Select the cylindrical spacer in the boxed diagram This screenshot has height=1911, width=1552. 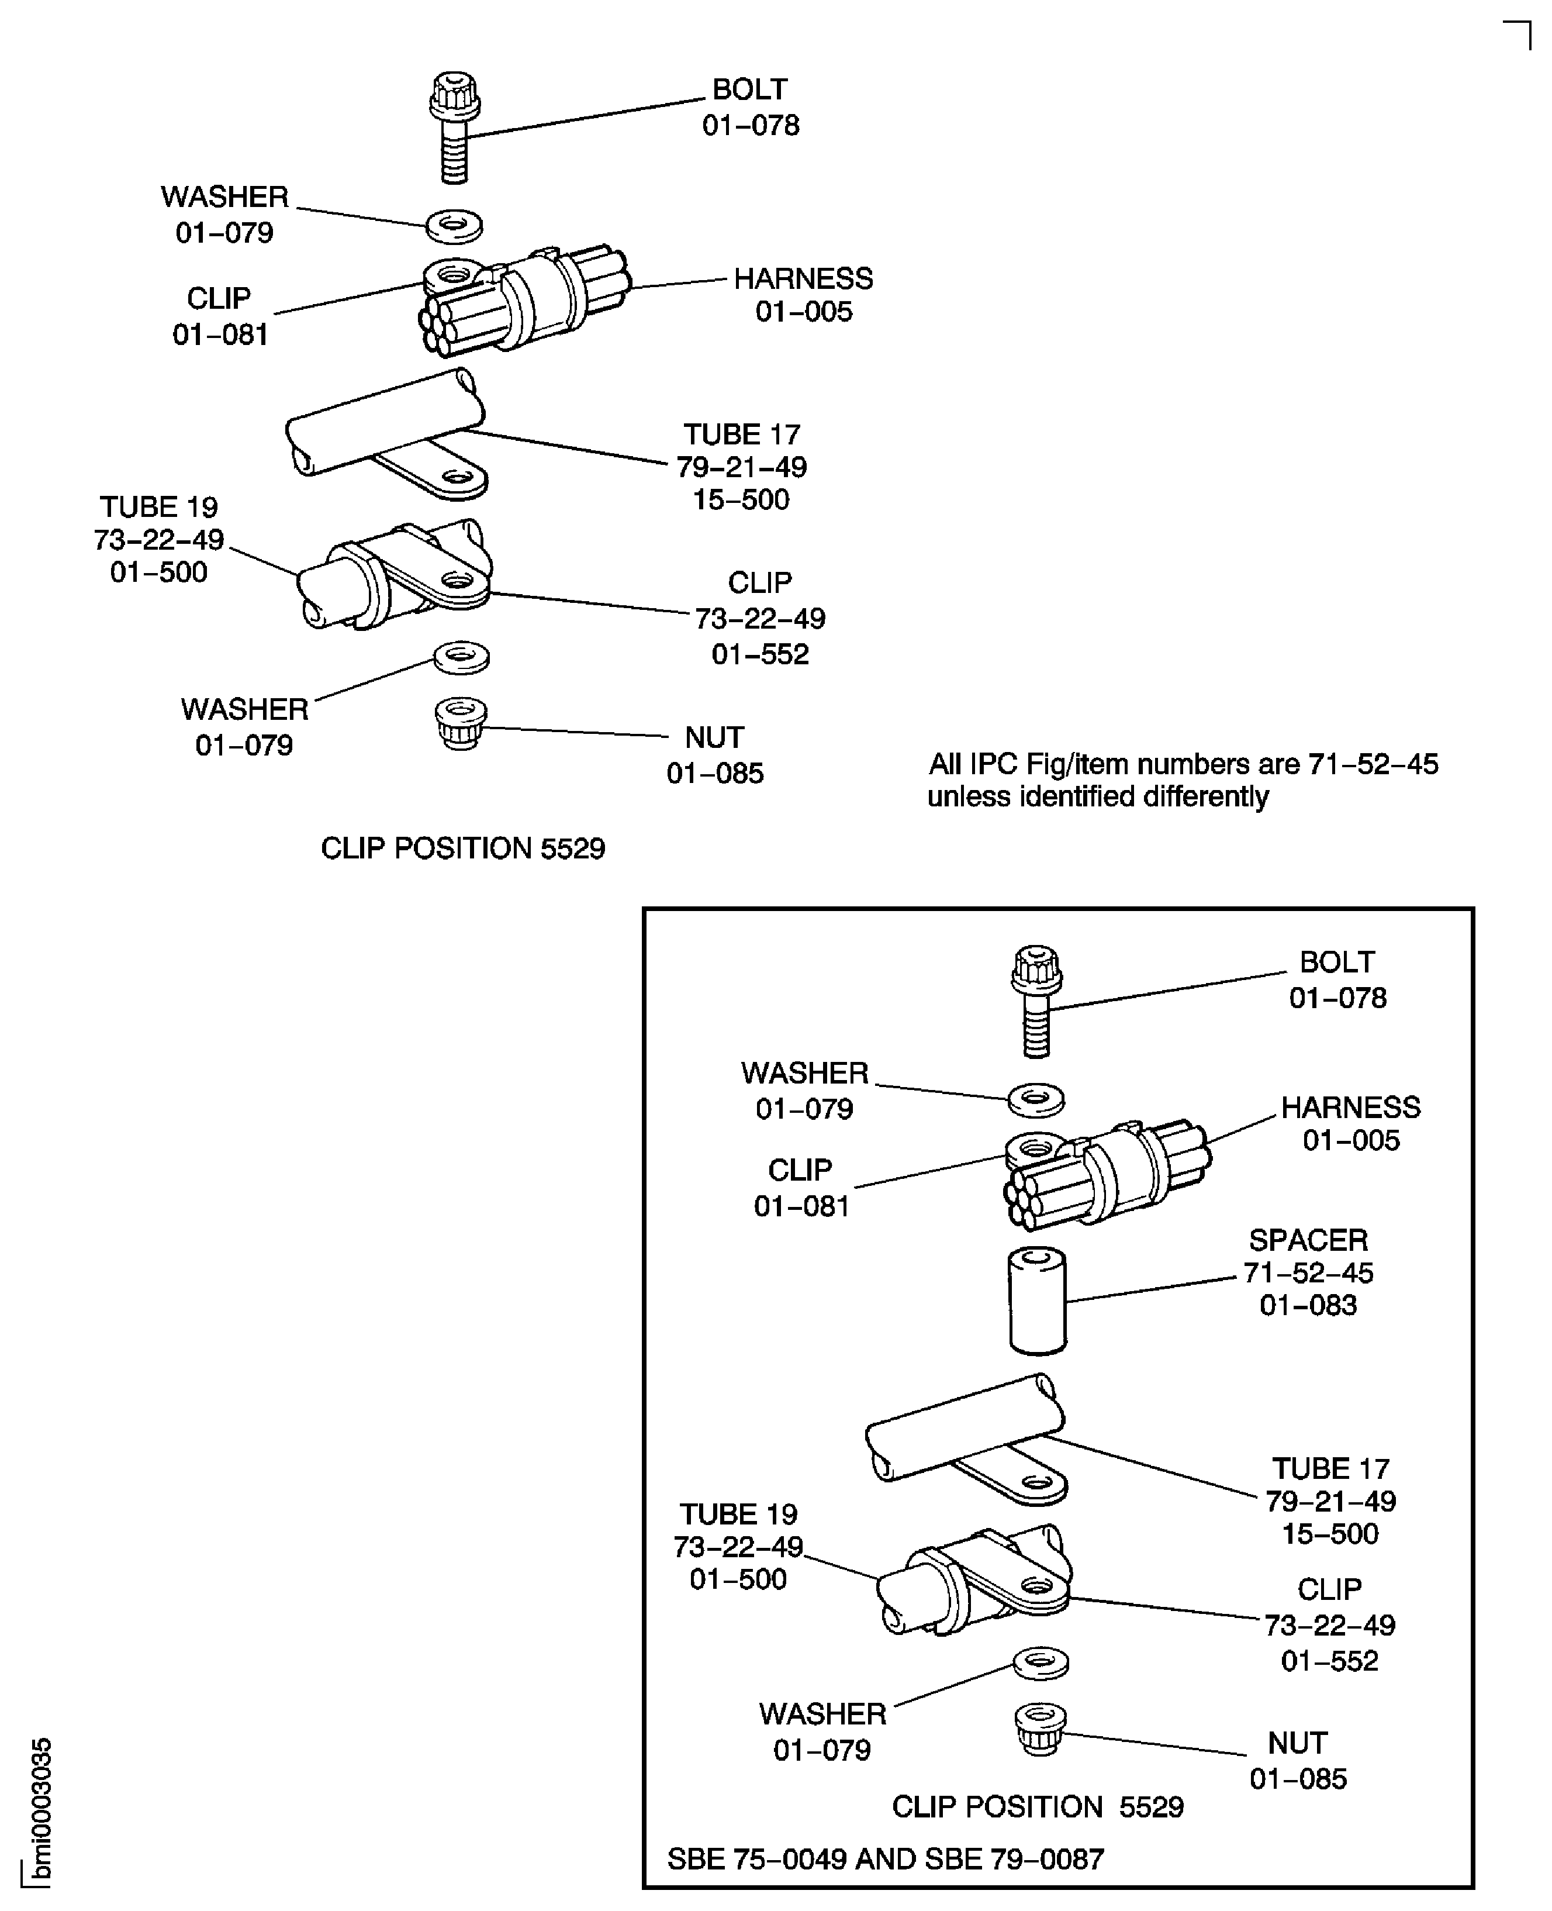click(x=1037, y=1301)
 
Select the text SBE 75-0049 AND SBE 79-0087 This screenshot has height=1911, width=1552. click(x=885, y=1858)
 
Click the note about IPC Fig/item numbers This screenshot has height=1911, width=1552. click(x=1182, y=780)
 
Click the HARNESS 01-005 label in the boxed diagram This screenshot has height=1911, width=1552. click(x=1350, y=1123)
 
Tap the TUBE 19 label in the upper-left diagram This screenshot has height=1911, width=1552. click(x=159, y=539)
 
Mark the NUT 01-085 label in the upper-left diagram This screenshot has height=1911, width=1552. click(x=715, y=755)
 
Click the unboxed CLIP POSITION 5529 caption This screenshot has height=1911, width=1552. click(x=462, y=848)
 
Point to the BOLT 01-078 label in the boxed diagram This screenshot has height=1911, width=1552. click(x=1337, y=979)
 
